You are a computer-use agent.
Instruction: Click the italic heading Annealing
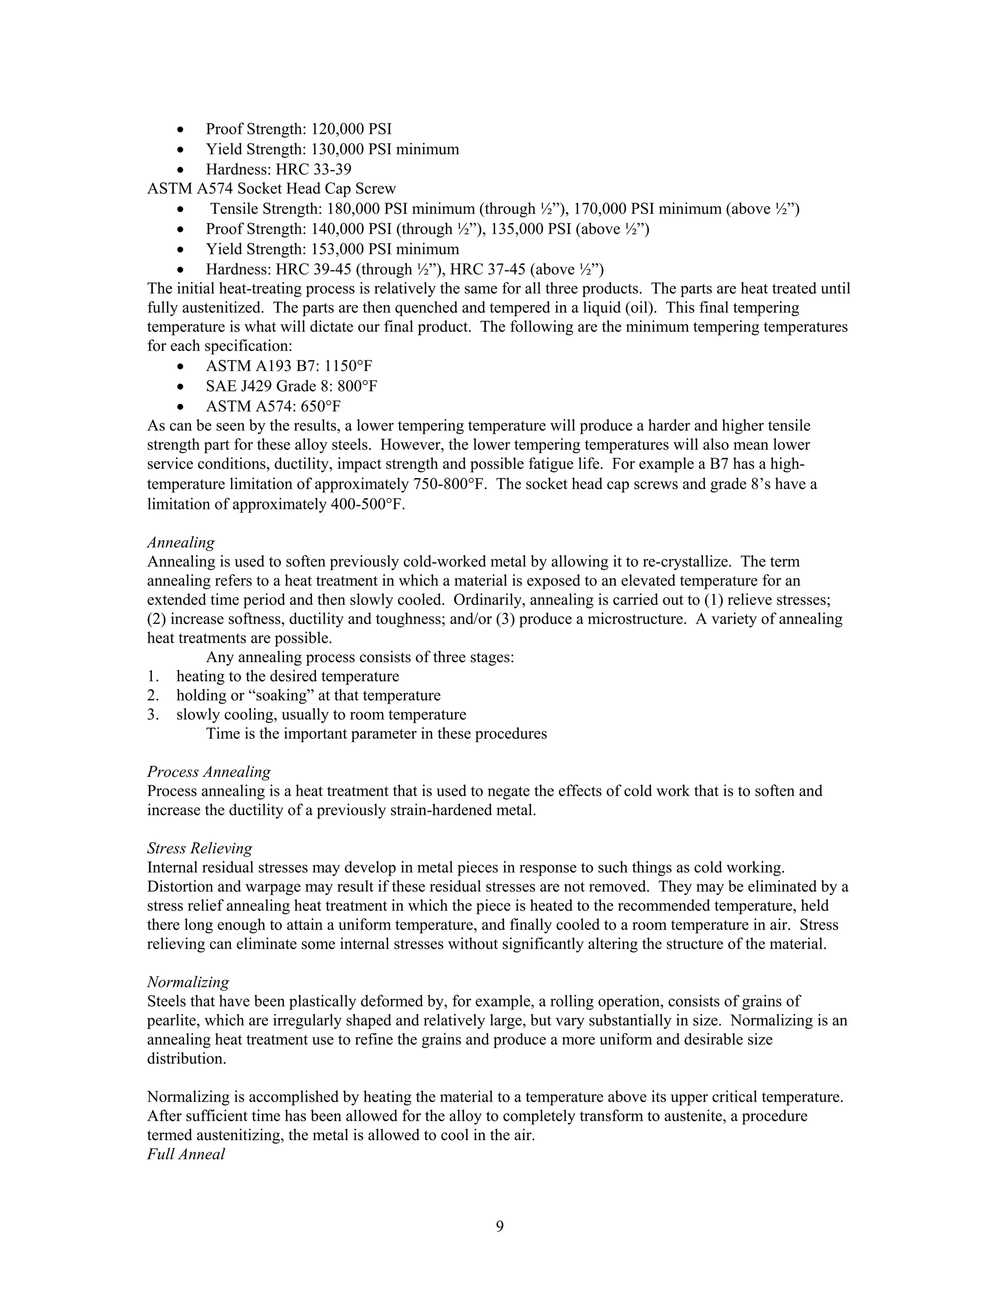tap(181, 542)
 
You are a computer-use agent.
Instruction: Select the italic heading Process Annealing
tap(208, 772)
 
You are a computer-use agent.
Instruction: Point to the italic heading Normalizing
tap(188, 982)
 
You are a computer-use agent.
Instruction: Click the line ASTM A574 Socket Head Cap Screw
tap(271, 188)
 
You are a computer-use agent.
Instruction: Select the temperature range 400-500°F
tap(365, 504)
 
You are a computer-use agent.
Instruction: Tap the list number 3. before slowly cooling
tap(153, 714)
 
